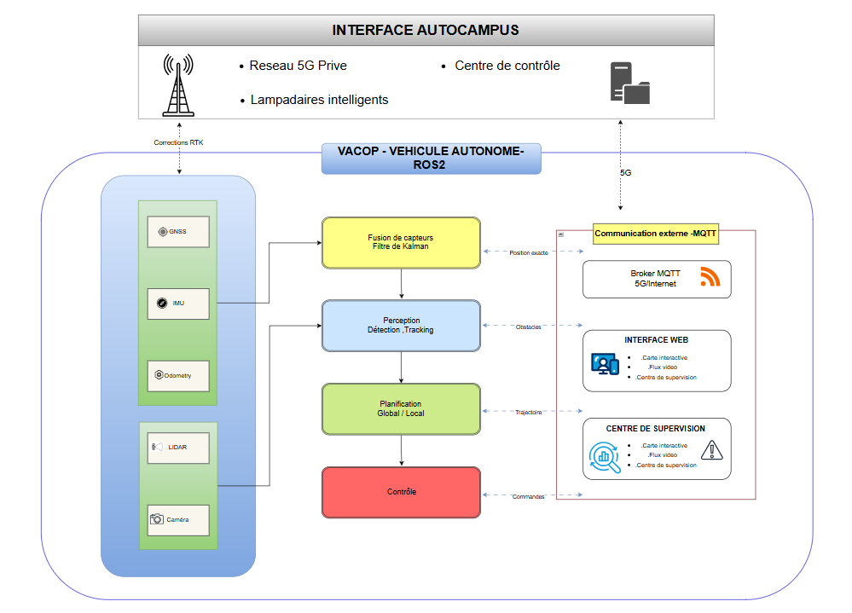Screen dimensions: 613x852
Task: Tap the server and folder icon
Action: pos(629,83)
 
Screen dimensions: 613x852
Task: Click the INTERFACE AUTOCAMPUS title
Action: pos(426,31)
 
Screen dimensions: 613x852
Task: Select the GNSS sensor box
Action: pos(178,231)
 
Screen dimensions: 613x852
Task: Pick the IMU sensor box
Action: pos(178,303)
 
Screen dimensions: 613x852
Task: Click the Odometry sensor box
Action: pos(178,375)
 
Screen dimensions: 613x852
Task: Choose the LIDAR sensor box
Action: pos(178,447)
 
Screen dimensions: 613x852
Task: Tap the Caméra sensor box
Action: pos(178,519)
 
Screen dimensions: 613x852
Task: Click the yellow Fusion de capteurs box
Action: pos(401,242)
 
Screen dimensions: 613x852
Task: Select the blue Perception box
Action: pos(401,326)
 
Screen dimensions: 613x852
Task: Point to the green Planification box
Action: pos(401,409)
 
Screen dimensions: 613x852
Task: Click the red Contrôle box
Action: pos(401,492)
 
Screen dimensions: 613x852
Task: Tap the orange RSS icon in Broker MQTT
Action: pos(710,277)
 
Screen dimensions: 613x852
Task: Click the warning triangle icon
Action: pos(710,449)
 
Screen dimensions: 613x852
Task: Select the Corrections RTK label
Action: pos(178,142)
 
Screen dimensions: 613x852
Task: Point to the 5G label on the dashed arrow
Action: pos(625,172)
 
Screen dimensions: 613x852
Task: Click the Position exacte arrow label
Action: pos(529,252)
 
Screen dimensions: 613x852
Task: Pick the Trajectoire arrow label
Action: pos(529,413)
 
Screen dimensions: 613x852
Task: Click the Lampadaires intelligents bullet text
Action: pos(319,100)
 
